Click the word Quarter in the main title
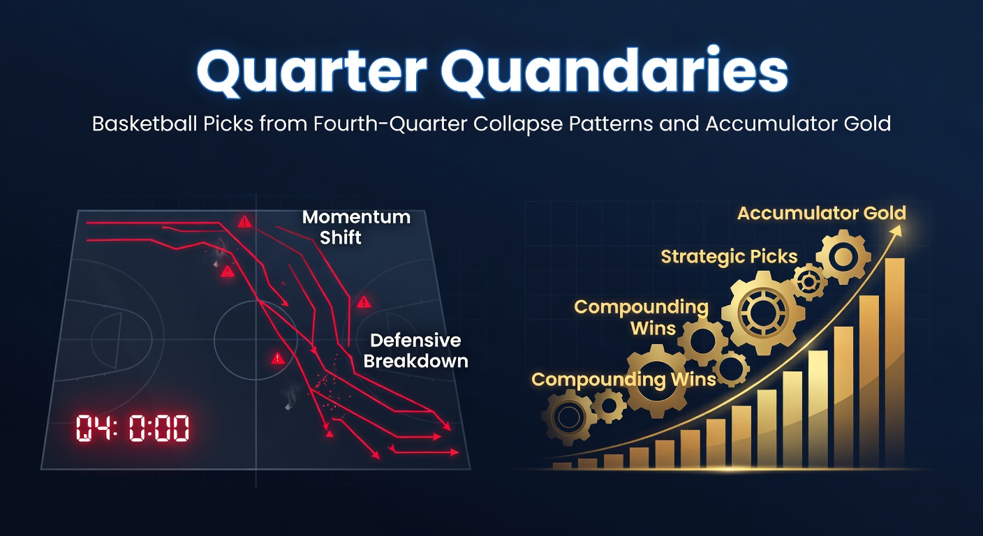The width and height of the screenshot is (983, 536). click(311, 73)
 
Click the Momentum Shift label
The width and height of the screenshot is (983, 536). click(356, 228)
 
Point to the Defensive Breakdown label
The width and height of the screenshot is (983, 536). click(415, 351)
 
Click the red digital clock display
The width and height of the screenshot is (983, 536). click(133, 428)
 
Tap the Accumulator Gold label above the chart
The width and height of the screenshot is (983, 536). click(822, 213)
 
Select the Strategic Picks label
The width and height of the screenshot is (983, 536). click(729, 257)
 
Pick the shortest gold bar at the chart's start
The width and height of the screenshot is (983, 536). click(562, 466)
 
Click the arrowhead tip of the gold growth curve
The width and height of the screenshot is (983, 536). click(900, 226)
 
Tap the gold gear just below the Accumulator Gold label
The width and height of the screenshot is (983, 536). click(843, 257)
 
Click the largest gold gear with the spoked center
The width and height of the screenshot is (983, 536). click(763, 313)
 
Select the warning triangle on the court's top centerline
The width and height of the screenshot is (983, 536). click(244, 221)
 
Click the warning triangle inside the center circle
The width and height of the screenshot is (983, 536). click(277, 358)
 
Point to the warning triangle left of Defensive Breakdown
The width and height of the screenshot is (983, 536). click(363, 301)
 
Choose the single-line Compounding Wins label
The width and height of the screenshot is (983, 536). click(623, 380)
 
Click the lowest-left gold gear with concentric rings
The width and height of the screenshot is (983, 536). click(569, 417)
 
